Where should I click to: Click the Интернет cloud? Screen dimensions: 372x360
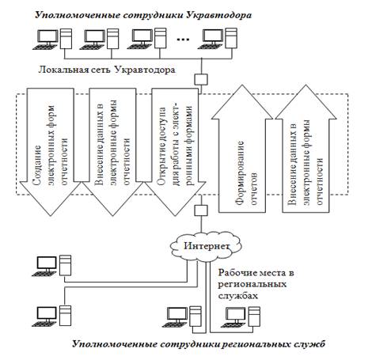(x=206, y=246)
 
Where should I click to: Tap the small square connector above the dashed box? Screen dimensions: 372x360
(x=201, y=79)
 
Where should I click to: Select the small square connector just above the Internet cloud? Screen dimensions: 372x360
(x=201, y=210)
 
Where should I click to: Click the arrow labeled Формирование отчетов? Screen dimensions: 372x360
(x=242, y=149)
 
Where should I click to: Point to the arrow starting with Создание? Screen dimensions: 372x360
(x=51, y=152)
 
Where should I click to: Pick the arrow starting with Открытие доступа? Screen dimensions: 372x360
(x=175, y=152)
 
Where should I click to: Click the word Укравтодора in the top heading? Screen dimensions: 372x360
(x=218, y=15)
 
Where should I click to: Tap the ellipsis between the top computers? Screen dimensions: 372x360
(x=183, y=40)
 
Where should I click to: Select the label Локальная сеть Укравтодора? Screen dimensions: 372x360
(x=107, y=70)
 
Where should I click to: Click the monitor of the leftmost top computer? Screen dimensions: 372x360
(x=48, y=36)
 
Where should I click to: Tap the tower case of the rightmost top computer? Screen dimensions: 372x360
(x=231, y=39)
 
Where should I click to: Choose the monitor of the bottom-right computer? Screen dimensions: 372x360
(x=236, y=315)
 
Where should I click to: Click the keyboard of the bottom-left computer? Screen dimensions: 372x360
(x=45, y=324)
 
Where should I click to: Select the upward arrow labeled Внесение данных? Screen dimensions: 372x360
(x=306, y=149)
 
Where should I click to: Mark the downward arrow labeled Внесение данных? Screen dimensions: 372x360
(x=113, y=152)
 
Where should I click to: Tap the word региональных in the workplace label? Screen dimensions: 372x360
(x=252, y=285)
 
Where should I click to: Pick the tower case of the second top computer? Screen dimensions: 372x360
(x=112, y=39)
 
